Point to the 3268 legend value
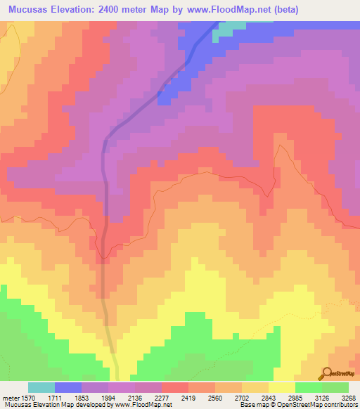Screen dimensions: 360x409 click(x=348, y=397)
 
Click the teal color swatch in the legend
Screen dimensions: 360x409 click(x=41, y=387)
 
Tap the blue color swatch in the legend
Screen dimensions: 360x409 click(x=67, y=387)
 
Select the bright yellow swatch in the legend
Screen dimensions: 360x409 click(x=281, y=387)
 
